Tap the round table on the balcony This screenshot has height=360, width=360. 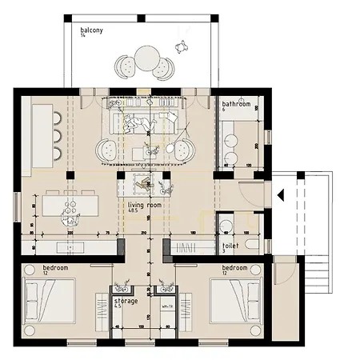pyautogui.click(x=146, y=58)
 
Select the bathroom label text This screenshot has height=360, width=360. pyautogui.click(x=237, y=104)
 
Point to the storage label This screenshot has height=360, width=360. pyautogui.click(x=125, y=300)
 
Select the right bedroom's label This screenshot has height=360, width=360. pyautogui.click(x=234, y=267)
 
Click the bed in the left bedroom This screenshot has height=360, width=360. pyautogui.click(x=50, y=305)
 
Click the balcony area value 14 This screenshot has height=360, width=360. pyautogui.click(x=82, y=35)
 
